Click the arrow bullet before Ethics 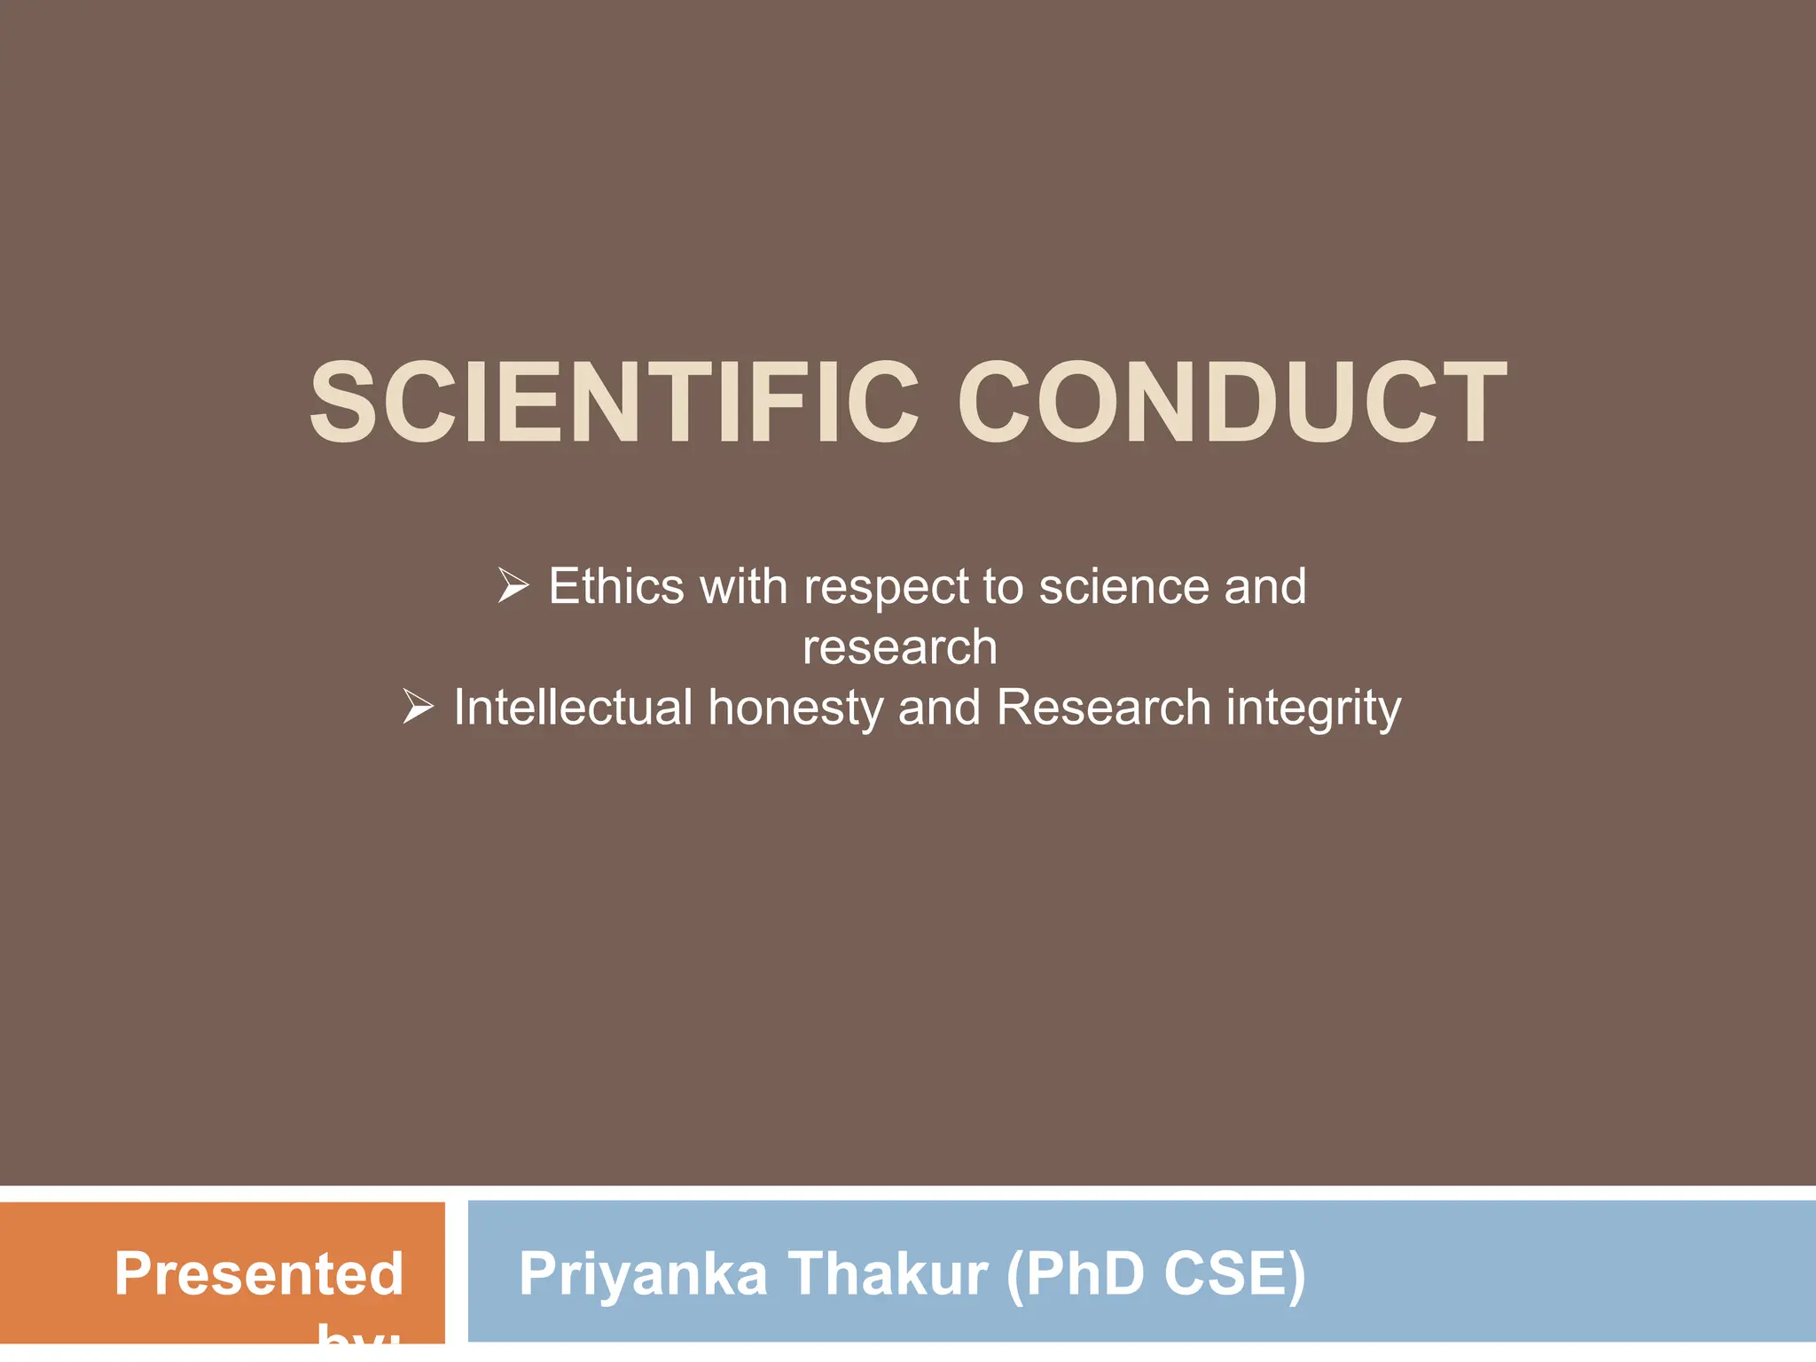coord(513,586)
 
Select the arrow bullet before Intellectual coord(418,707)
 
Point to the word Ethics coord(616,586)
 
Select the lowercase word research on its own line coord(899,646)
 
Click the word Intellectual coord(573,707)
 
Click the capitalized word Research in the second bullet coord(1103,707)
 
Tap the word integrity coord(1313,708)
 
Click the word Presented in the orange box coord(259,1273)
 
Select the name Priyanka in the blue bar coord(643,1274)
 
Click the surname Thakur coord(888,1273)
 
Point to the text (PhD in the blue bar coord(1075,1273)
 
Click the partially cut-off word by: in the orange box coord(359,1335)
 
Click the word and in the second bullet coord(939,707)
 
